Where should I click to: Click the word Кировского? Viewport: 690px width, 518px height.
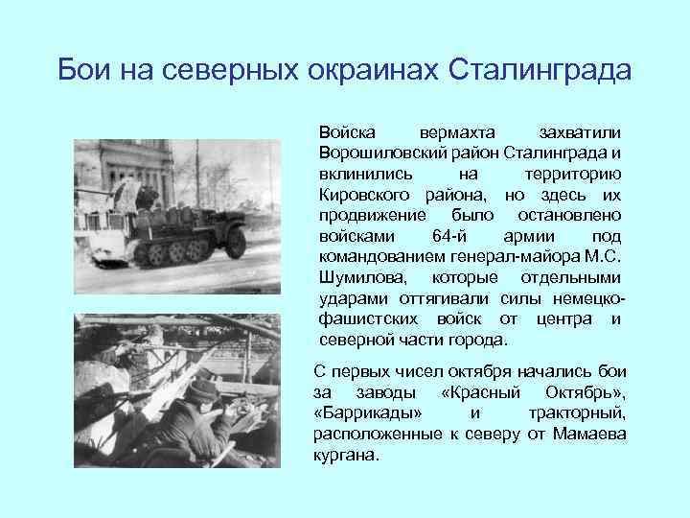click(x=359, y=195)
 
